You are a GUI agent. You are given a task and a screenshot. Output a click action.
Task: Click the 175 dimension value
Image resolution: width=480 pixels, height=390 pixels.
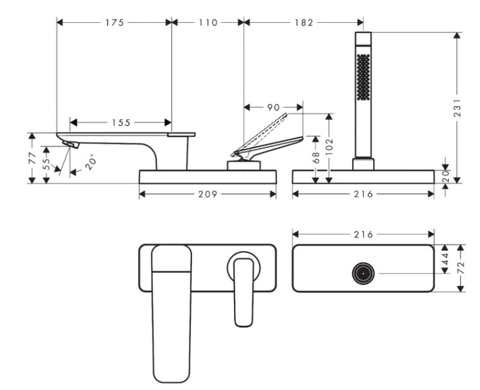115,23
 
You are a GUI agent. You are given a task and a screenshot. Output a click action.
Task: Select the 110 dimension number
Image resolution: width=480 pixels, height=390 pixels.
208,23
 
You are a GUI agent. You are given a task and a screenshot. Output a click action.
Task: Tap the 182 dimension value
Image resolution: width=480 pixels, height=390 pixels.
304,23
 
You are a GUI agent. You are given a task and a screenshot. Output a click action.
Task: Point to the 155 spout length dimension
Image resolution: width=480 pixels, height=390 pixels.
121,123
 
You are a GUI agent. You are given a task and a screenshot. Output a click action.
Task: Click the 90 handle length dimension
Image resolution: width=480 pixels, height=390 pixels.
274,107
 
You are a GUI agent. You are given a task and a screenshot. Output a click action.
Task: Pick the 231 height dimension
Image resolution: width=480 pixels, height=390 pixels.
457,107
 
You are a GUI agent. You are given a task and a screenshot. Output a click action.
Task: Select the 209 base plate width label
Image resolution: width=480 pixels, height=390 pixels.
208,194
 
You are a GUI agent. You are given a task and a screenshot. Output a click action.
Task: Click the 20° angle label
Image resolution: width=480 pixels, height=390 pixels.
91,163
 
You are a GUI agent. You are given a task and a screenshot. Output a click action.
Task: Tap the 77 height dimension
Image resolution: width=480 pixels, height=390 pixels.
32,158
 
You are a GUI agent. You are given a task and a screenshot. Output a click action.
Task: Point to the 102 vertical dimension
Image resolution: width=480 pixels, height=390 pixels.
329,146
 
